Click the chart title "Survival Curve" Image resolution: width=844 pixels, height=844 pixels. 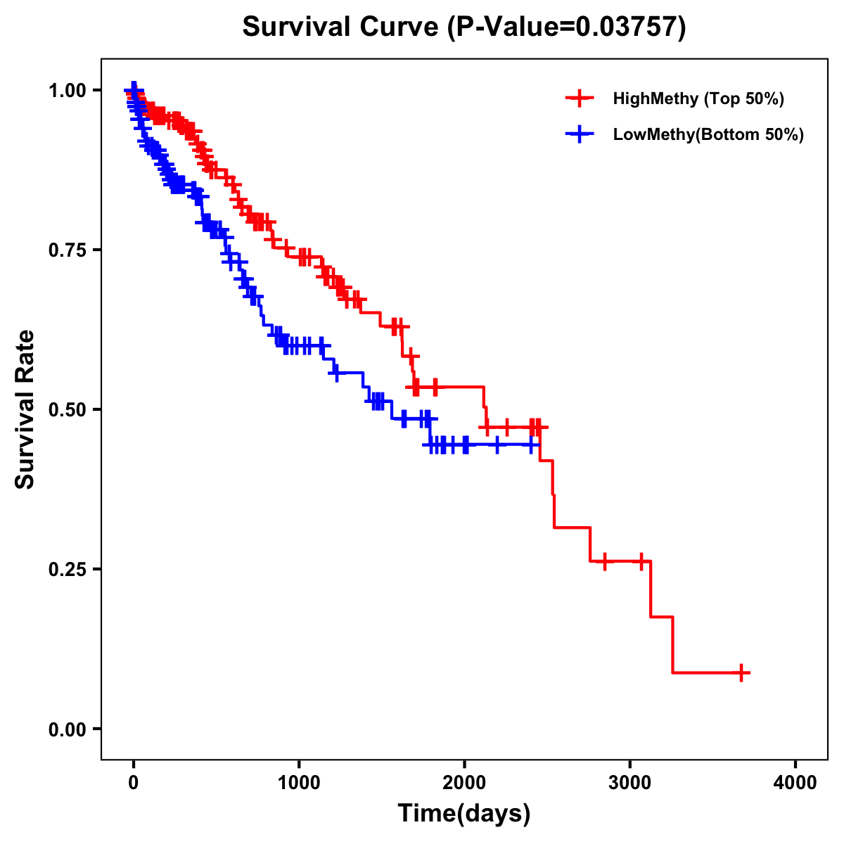pyautogui.click(x=340, y=27)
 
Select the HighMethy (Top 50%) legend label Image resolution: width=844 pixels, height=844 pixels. pyautogui.click(x=698, y=98)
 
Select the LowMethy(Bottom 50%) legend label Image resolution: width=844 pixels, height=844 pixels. pyautogui.click(x=708, y=134)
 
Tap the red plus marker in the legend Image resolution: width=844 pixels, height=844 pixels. pyautogui.click(x=579, y=98)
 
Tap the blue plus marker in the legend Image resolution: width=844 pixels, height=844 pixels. pyautogui.click(x=579, y=134)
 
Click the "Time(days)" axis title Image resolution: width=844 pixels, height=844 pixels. pyautogui.click(x=464, y=814)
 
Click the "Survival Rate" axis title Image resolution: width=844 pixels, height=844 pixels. pyautogui.click(x=26, y=409)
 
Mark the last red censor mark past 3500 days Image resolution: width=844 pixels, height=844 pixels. pyautogui.click(x=741, y=672)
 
